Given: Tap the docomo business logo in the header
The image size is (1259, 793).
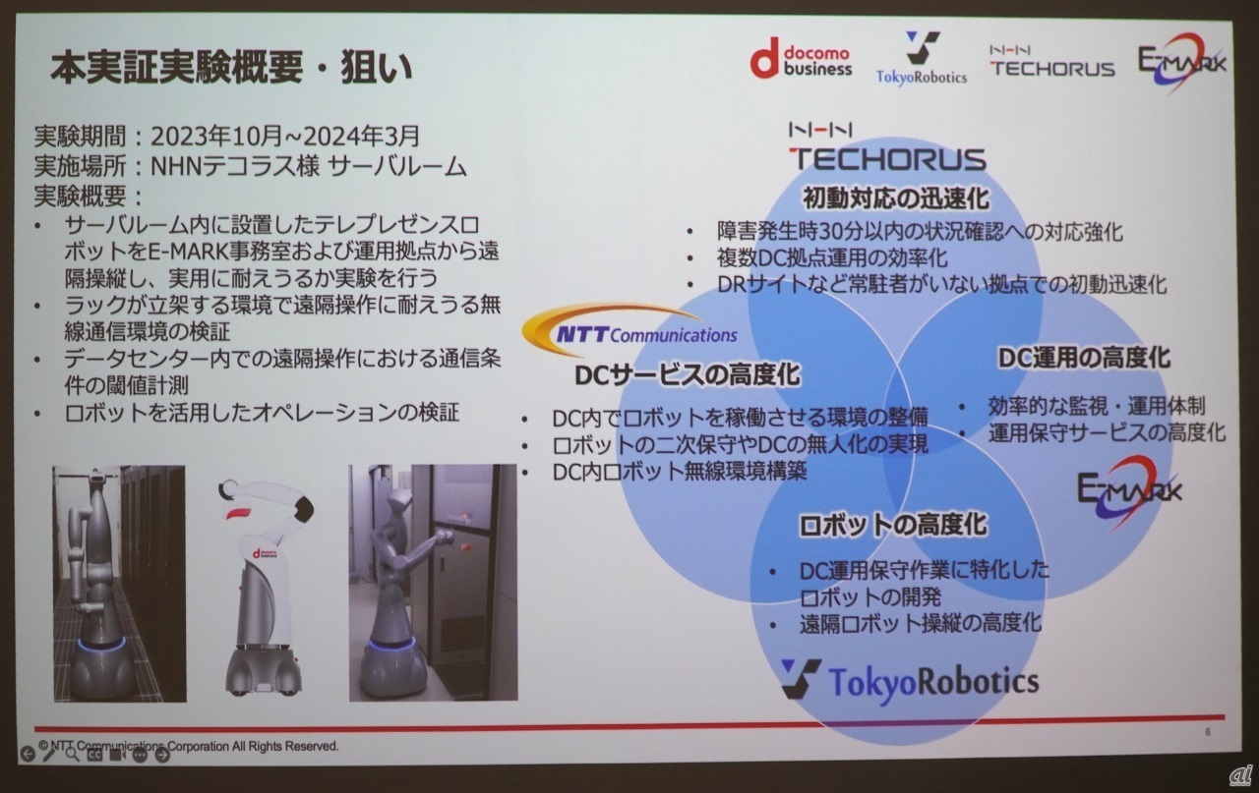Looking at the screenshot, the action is [x=802, y=58].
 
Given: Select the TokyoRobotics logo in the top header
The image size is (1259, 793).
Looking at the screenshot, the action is [x=922, y=58].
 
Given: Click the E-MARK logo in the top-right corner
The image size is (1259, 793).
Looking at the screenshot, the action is [x=1181, y=62].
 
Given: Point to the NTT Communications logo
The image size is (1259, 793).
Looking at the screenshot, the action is [x=629, y=329].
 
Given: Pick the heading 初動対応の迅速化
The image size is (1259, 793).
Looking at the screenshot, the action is [x=896, y=198].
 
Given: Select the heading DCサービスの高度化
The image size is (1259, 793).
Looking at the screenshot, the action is [x=688, y=374].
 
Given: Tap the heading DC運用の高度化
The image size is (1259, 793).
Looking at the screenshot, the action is [x=1084, y=358].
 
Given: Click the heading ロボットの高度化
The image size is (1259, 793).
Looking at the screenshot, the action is [x=892, y=525].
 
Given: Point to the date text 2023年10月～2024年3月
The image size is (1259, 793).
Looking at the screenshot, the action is [x=285, y=136].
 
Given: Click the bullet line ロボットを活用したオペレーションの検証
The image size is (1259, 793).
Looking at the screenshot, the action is [x=262, y=413].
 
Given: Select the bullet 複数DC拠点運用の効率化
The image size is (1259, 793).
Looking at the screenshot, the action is [x=832, y=257].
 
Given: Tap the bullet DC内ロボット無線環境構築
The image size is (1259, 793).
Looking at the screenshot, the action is [x=680, y=472].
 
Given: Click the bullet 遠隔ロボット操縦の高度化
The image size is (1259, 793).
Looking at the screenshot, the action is [x=920, y=623].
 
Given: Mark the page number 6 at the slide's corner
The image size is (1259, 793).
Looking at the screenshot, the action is [x=1208, y=732].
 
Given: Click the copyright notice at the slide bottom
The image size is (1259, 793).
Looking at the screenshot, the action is [x=189, y=747].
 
